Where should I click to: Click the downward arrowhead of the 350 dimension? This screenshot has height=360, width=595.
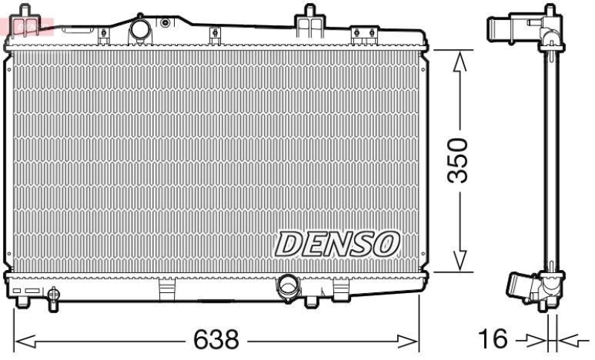click(460, 260)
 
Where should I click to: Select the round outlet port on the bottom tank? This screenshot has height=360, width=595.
click(286, 286)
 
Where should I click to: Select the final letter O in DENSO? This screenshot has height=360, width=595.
click(387, 242)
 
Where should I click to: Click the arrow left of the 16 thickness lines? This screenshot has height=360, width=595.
click(534, 341)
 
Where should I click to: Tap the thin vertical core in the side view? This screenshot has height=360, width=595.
click(551, 160)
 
